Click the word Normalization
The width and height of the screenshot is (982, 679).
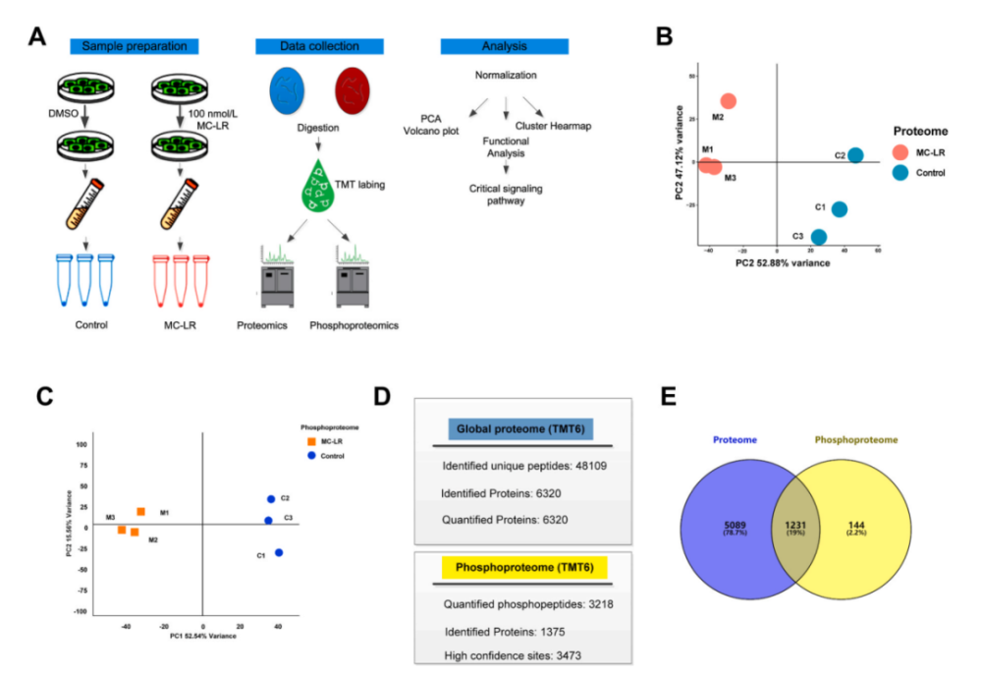(x=506, y=75)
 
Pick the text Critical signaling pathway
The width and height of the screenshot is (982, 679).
(x=506, y=194)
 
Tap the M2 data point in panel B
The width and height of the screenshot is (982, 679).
(x=728, y=101)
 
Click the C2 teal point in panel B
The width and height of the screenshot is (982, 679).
(x=855, y=155)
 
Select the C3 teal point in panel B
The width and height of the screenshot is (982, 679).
(x=818, y=237)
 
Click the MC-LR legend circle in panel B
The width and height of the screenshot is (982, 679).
(x=900, y=152)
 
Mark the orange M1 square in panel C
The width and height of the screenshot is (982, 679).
(x=141, y=512)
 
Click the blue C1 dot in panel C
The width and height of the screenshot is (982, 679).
(x=279, y=552)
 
